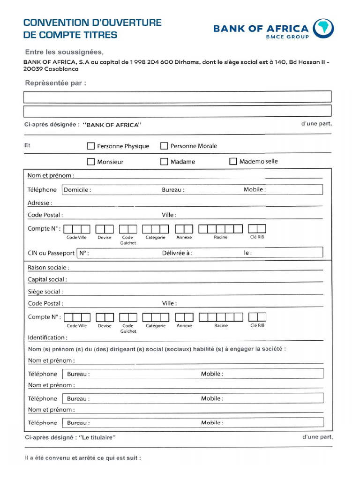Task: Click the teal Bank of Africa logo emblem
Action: (x=323, y=29)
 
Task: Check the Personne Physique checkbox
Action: (x=91, y=146)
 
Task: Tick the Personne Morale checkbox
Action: (x=164, y=146)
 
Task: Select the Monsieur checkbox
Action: (x=91, y=162)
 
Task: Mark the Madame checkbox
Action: (x=164, y=162)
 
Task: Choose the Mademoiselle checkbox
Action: (x=233, y=161)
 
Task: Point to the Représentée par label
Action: (x=55, y=83)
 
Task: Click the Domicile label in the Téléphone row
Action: (x=77, y=190)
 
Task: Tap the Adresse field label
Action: (x=40, y=203)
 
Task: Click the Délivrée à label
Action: (x=177, y=253)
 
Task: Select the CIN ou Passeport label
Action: (x=51, y=253)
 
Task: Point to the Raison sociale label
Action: (x=48, y=268)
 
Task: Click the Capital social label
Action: (x=47, y=279)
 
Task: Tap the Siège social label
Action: (x=45, y=292)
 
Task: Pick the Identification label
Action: (x=47, y=337)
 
